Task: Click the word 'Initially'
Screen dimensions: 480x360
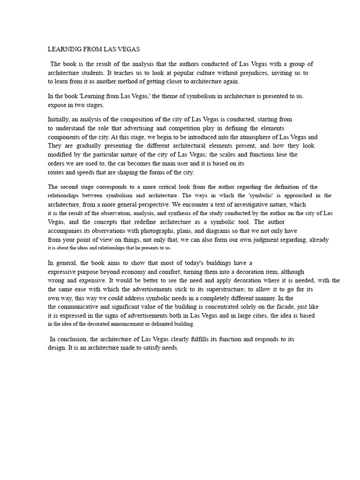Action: pyautogui.click(x=60, y=119)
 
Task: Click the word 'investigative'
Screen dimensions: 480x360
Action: pyautogui.click(x=252, y=204)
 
